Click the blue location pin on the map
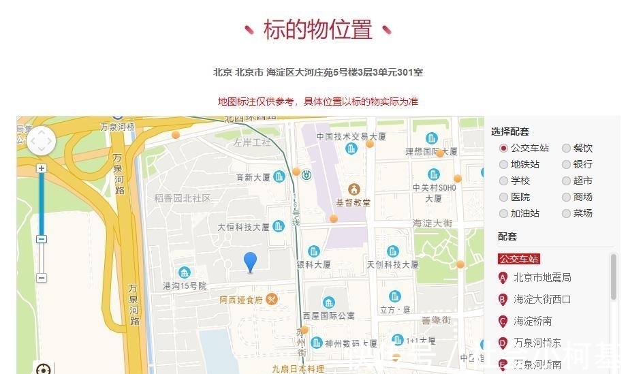pyautogui.click(x=251, y=262)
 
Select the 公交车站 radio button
pyautogui.click(x=503, y=148)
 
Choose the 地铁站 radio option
pyautogui.click(x=503, y=164)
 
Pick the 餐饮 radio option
pyautogui.click(x=566, y=148)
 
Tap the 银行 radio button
pyautogui.click(x=566, y=164)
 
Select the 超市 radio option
pyautogui.click(x=566, y=181)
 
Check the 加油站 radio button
pyautogui.click(x=503, y=213)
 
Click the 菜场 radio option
pyautogui.click(x=566, y=213)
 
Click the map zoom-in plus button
pyautogui.click(x=42, y=168)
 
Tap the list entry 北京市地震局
pyautogui.click(x=542, y=277)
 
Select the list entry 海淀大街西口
pyautogui.click(x=542, y=299)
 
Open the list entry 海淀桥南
pyautogui.click(x=533, y=321)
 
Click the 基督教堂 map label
pyautogui.click(x=353, y=202)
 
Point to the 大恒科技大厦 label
pyautogui.click(x=244, y=227)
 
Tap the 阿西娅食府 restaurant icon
pyautogui.click(x=272, y=299)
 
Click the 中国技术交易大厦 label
pyautogui.click(x=351, y=136)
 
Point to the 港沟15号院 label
pyautogui.click(x=184, y=285)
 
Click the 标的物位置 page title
pyautogui.click(x=317, y=29)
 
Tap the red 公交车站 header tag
pyautogui.click(x=519, y=259)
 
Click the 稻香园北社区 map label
pyautogui.click(x=182, y=198)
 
